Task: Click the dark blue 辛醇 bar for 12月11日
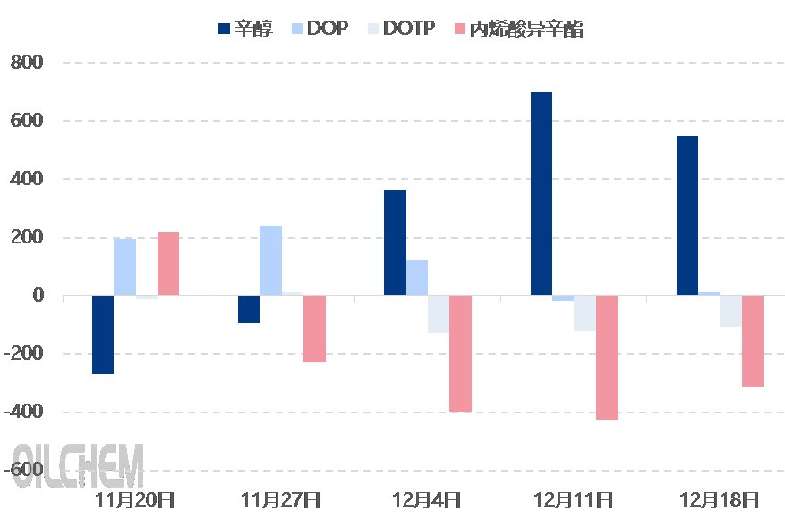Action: pos(541,193)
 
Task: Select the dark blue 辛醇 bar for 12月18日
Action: pos(687,216)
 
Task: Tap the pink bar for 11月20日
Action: pos(168,263)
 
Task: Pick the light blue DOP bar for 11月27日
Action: pos(270,260)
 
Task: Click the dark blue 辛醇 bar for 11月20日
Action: pos(103,335)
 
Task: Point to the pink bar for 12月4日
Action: pos(460,353)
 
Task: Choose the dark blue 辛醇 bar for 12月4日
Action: pos(395,243)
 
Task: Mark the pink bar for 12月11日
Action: pos(606,357)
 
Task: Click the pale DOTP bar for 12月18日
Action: pos(730,311)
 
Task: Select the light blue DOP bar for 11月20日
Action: pos(124,267)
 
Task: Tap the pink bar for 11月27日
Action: pos(314,328)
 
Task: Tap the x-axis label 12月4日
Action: pos(427,499)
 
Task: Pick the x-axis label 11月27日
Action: pos(281,499)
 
